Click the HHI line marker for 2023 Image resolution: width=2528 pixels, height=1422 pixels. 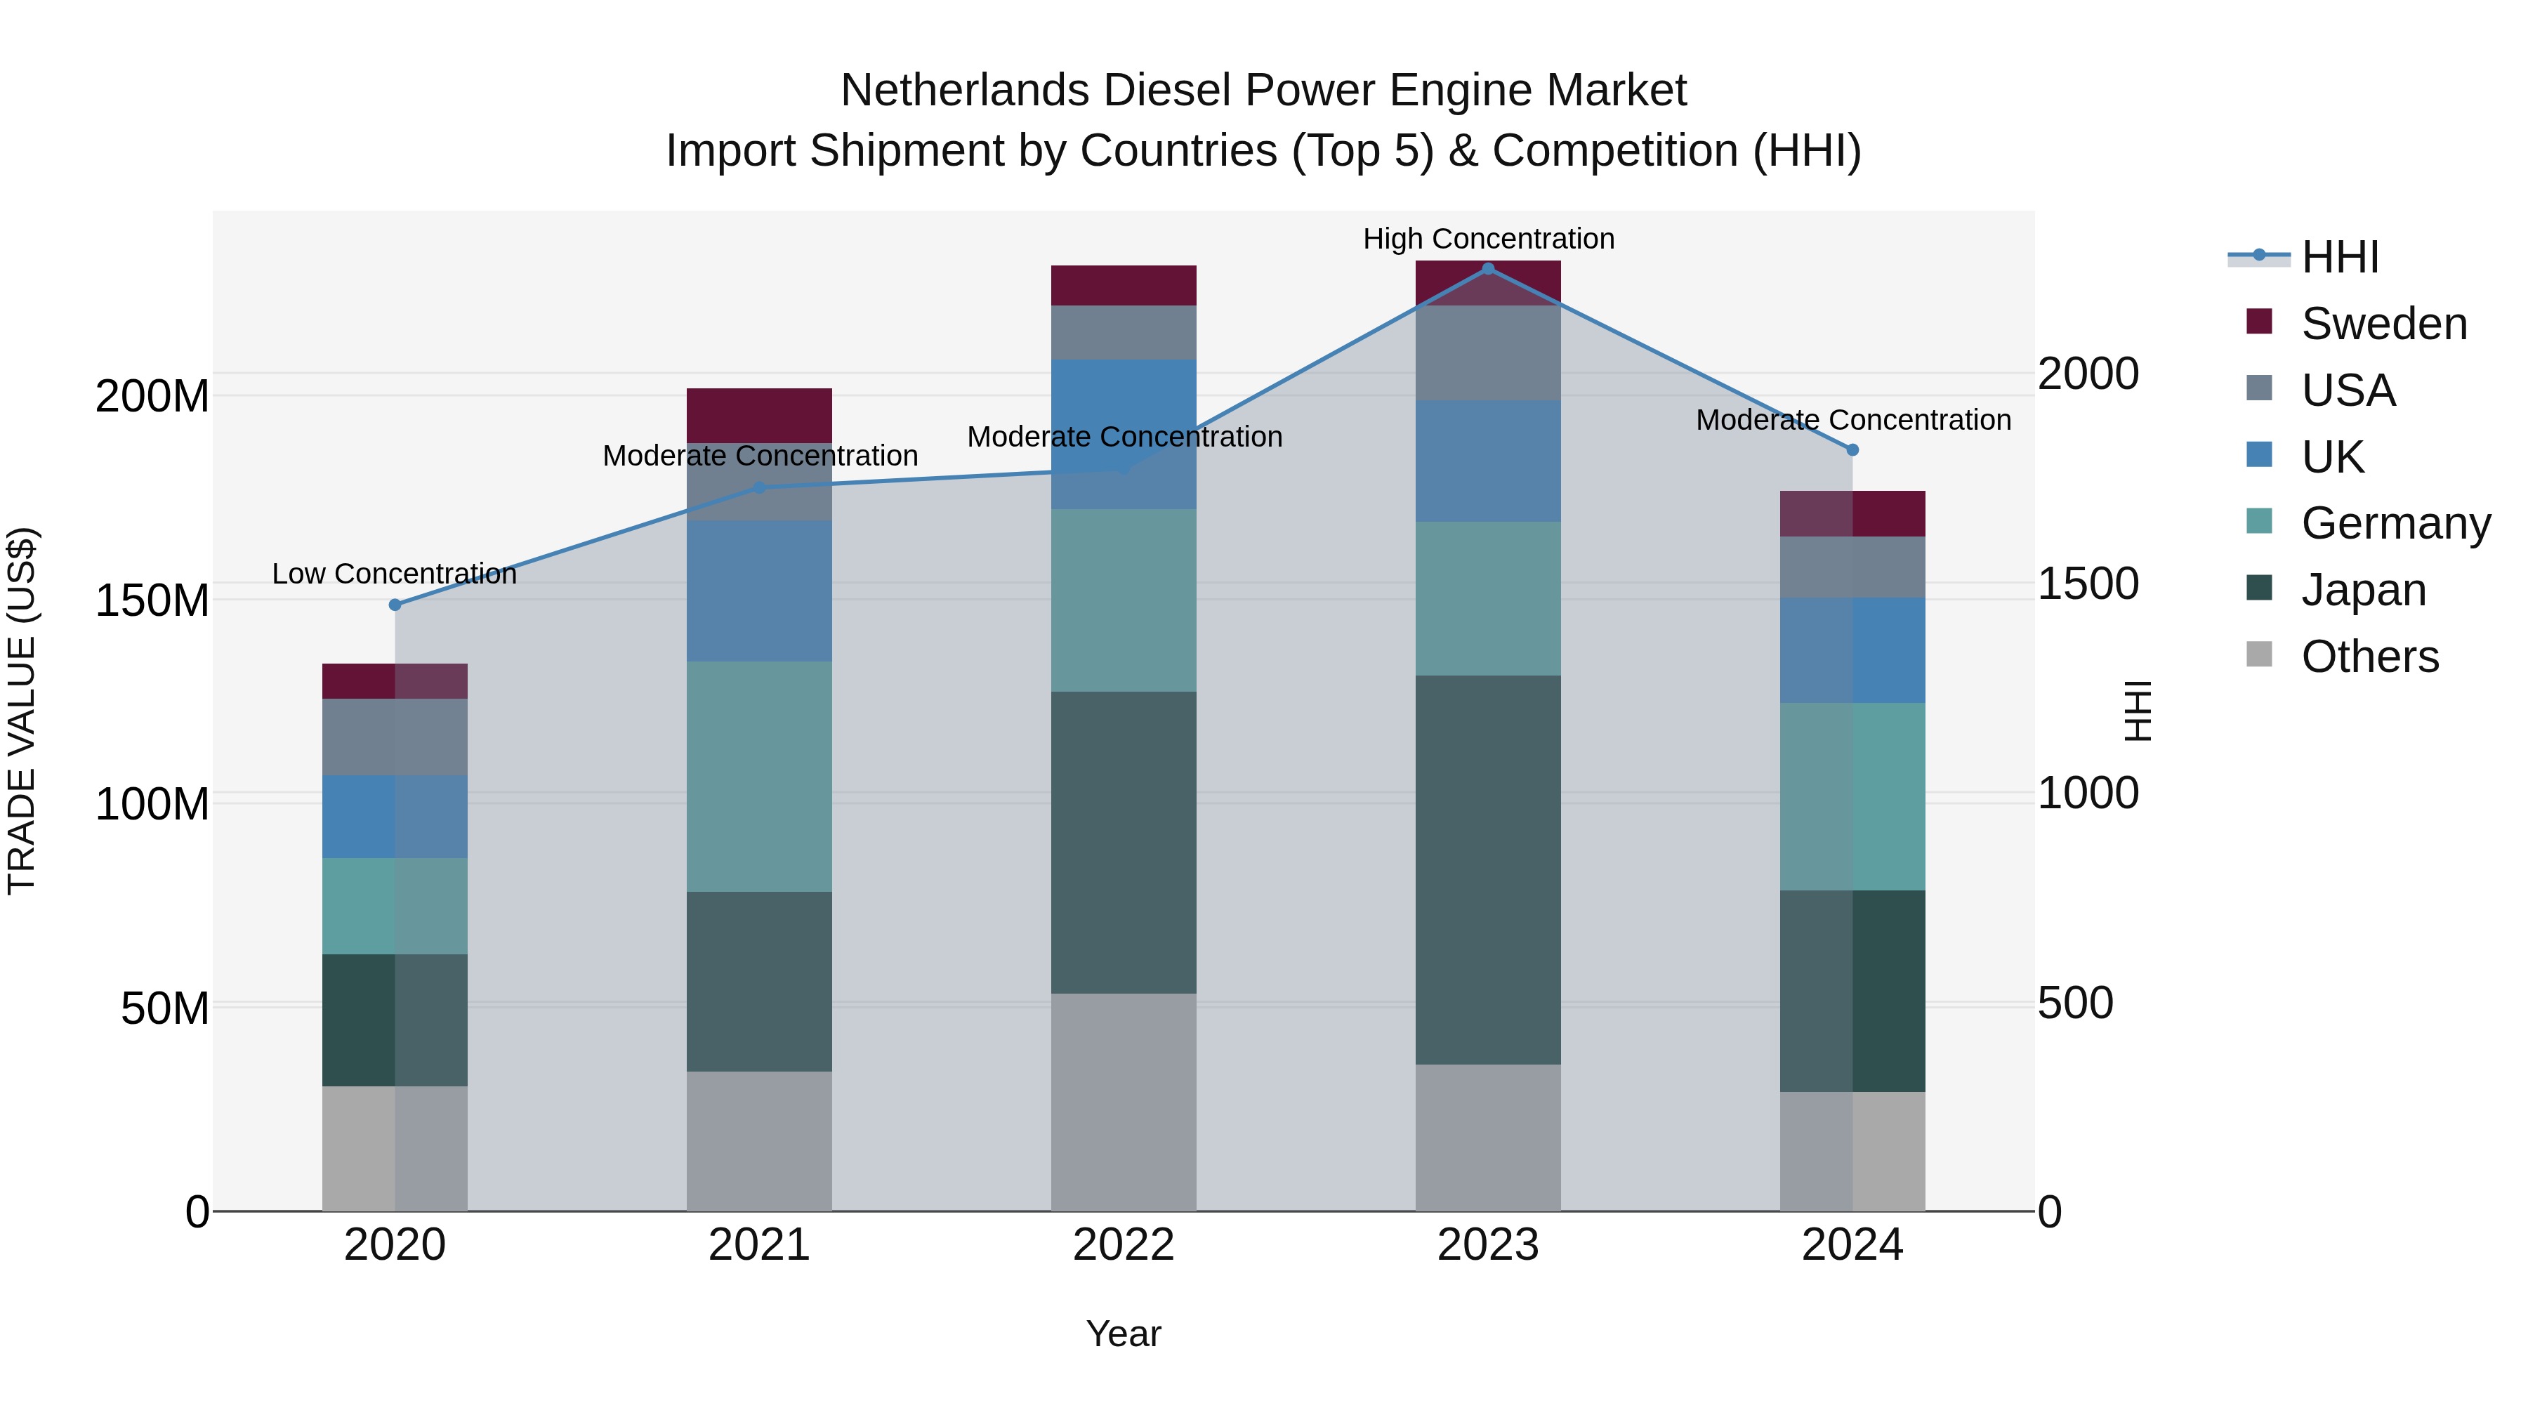coord(1488,268)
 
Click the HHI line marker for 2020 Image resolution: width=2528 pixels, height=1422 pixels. coord(395,605)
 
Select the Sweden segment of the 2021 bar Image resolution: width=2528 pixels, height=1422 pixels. coord(758,415)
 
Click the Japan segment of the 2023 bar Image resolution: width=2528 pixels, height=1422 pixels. coord(1488,869)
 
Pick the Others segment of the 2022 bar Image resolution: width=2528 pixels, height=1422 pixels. coord(1124,1101)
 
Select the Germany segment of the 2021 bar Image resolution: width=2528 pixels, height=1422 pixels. coord(758,775)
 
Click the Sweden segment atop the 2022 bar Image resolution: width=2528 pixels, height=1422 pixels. coord(1124,284)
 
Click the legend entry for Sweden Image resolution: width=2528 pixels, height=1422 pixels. coord(2383,324)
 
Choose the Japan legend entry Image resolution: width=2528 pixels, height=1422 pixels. coord(2363,590)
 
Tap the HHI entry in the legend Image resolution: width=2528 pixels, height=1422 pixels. coord(2340,257)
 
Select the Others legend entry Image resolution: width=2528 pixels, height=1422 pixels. coord(2369,657)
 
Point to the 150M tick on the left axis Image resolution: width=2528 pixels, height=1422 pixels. coord(152,600)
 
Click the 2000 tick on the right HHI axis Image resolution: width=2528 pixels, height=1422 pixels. coord(2088,374)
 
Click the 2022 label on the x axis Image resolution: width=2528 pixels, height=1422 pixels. coord(1124,1245)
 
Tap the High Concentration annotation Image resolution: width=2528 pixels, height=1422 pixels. coord(1488,239)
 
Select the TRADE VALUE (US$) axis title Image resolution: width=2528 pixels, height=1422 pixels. coord(22,711)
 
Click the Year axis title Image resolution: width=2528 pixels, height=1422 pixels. coord(1124,1334)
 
